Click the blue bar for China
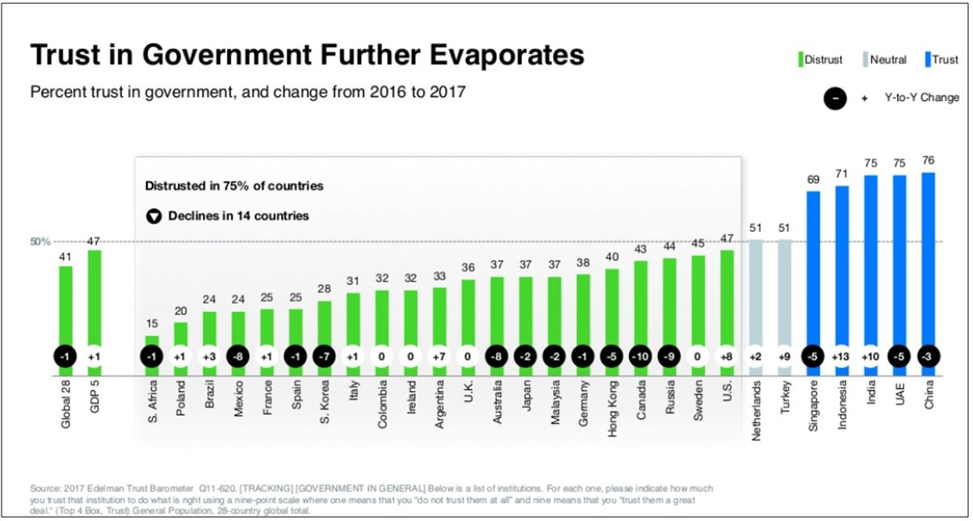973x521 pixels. pos(929,258)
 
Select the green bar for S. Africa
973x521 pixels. pos(152,341)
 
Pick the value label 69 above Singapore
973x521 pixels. pos(813,179)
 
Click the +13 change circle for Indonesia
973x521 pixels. pos(842,356)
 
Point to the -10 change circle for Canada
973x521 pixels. pos(640,356)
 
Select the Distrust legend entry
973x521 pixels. pos(820,60)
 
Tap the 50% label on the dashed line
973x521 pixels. pos(41,242)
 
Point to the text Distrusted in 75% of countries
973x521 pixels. pos(234,186)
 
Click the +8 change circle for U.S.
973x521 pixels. pos(727,356)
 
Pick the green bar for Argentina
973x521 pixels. pos(439,323)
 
